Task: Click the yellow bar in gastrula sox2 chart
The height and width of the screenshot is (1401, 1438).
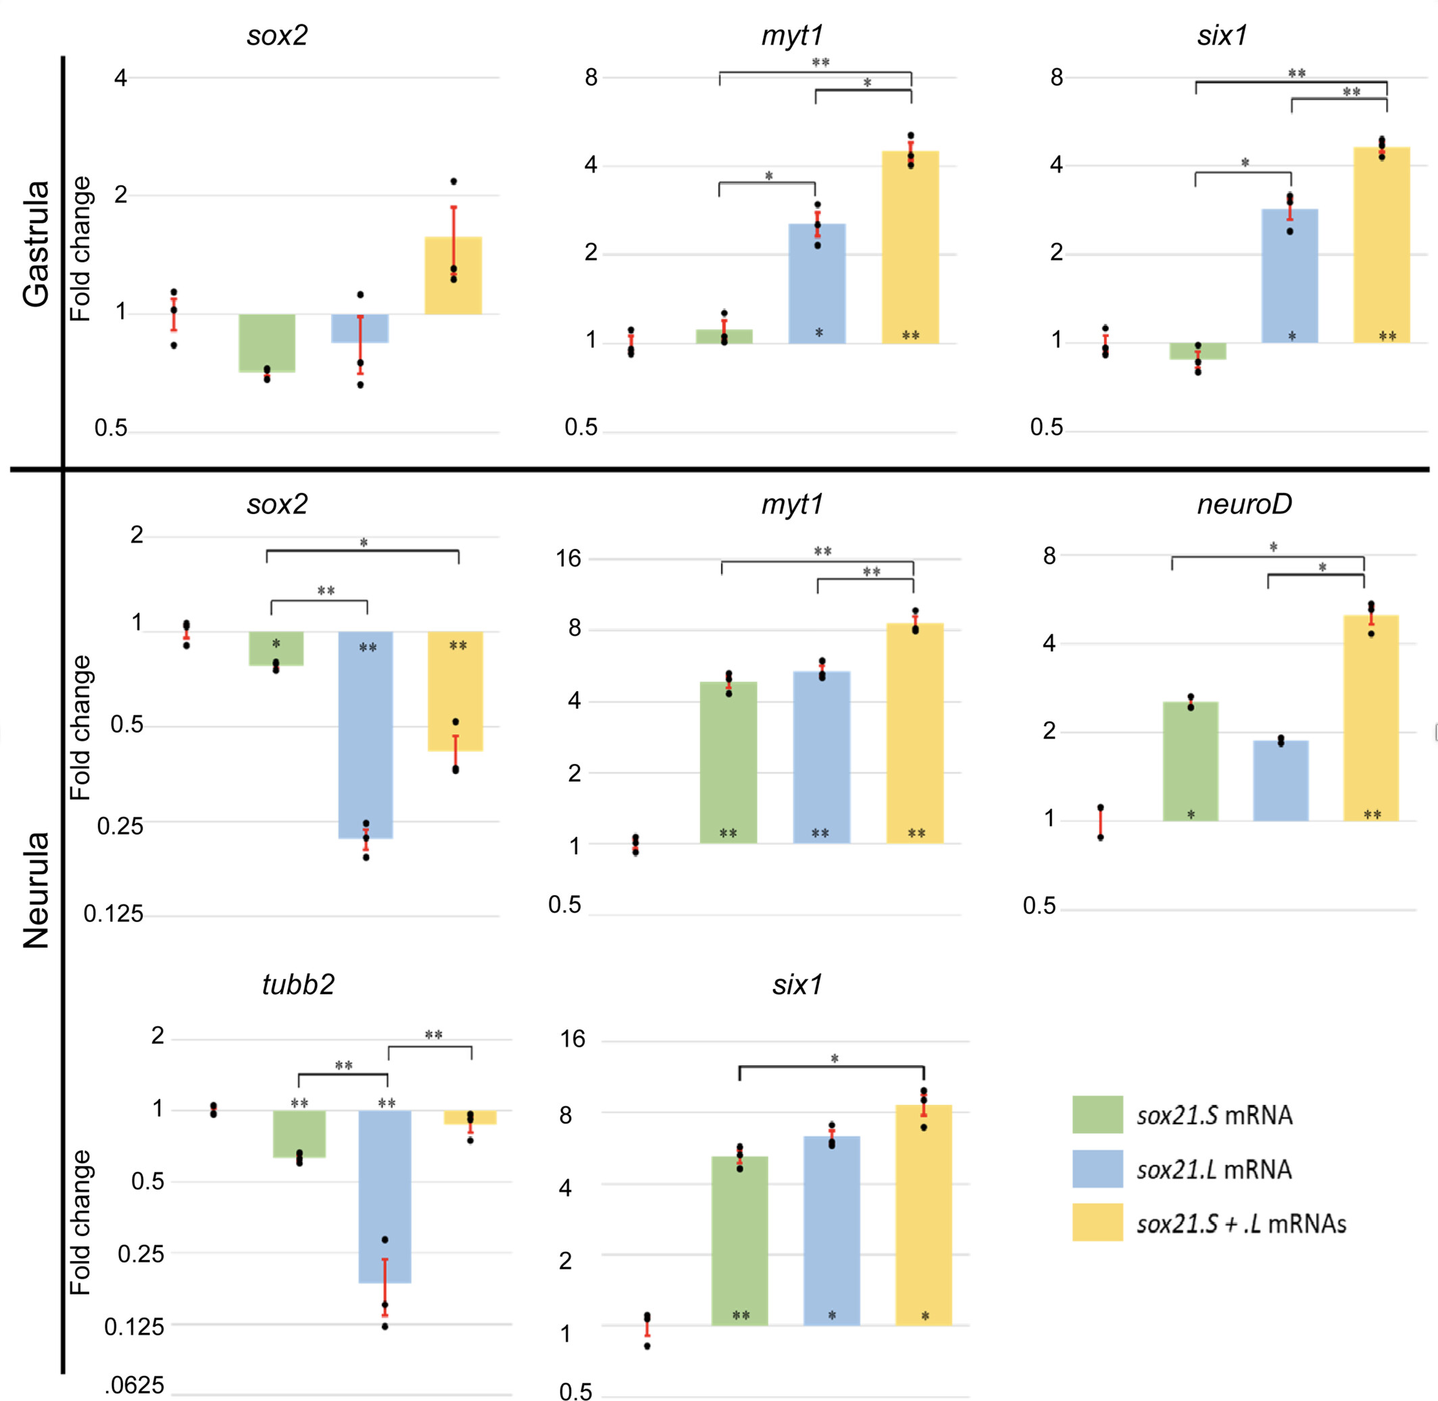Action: (x=453, y=275)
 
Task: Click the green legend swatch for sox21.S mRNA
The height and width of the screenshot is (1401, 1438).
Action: (x=1097, y=1114)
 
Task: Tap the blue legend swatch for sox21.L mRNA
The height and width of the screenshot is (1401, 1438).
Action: (x=1097, y=1169)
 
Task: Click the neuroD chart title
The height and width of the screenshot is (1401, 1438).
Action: (x=1243, y=504)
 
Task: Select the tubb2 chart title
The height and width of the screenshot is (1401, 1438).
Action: (x=298, y=984)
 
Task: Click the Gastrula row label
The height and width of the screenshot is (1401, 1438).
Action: (x=35, y=243)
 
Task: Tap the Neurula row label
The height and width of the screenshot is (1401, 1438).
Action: (x=35, y=890)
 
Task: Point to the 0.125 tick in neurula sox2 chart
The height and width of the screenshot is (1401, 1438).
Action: (x=114, y=914)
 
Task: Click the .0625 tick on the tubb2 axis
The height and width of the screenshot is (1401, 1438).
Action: (x=134, y=1385)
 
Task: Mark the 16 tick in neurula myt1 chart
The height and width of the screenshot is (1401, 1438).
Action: (x=568, y=559)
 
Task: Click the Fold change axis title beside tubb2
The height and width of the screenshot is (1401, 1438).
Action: (x=80, y=1222)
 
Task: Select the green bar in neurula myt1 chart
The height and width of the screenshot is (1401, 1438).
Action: (x=728, y=762)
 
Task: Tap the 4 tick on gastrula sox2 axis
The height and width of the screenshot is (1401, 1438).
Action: (x=121, y=77)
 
